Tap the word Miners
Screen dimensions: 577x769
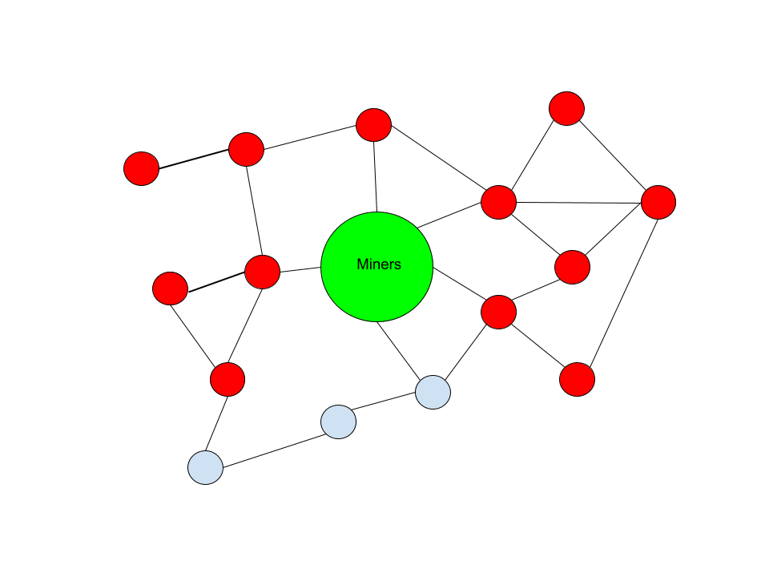(379, 264)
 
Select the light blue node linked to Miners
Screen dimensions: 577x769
(433, 392)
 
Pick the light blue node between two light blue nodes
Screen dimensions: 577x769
(338, 422)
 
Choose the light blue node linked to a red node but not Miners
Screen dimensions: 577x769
(206, 467)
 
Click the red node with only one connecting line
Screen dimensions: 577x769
(142, 168)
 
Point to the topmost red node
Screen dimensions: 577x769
(566, 108)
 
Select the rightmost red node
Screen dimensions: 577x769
(658, 202)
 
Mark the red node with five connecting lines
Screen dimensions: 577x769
(498, 202)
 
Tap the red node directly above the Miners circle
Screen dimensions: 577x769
(373, 125)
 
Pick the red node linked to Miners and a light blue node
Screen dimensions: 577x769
(498, 312)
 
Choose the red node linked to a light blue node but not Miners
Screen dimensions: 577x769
(227, 379)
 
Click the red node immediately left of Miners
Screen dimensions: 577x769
(262, 272)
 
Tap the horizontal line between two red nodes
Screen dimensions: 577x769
(578, 201)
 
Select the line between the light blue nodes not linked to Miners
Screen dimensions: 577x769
(272, 444)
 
